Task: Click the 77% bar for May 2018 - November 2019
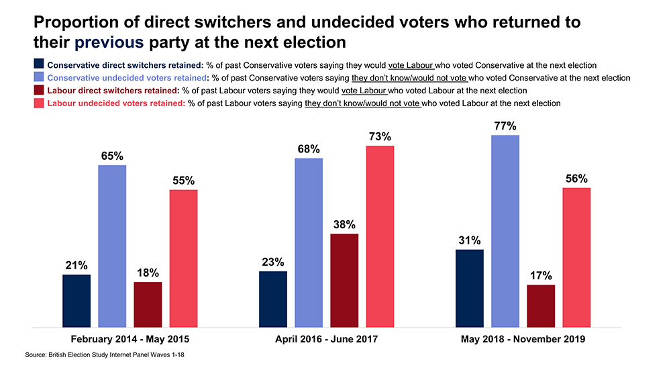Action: point(505,231)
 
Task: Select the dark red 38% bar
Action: point(344,281)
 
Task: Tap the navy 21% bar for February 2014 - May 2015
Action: point(76,301)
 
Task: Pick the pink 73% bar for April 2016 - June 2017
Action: point(380,236)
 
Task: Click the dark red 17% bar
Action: point(541,306)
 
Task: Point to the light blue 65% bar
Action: point(112,246)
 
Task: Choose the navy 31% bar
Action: point(470,288)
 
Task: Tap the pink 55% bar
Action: point(183,258)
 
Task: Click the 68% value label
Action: point(309,148)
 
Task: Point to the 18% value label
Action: point(148,273)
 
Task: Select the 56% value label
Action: point(576,179)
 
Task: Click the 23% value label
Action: point(273,262)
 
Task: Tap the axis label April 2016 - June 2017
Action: point(327,339)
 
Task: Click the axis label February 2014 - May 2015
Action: point(130,339)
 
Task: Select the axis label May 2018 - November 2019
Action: point(523,339)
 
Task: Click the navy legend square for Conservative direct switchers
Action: point(39,65)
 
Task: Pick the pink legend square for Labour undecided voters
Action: point(39,103)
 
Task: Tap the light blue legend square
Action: point(39,78)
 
